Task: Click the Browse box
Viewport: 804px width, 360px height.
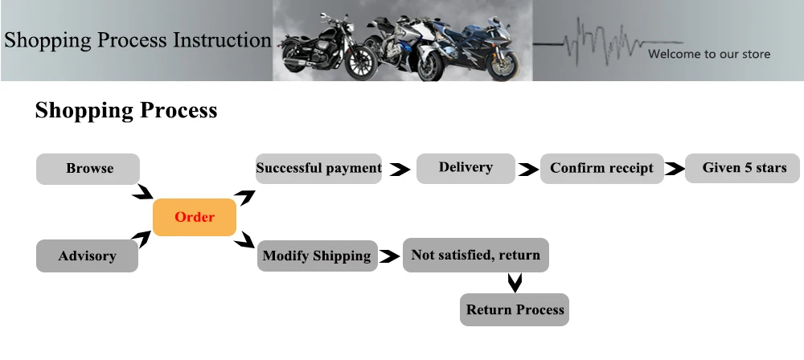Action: (88, 169)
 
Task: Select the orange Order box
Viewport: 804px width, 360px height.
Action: (195, 217)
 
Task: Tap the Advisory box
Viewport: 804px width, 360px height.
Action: (87, 256)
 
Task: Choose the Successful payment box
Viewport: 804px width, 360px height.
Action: (318, 168)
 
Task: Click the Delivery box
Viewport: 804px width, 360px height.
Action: (466, 168)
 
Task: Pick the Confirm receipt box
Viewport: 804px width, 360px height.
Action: (602, 168)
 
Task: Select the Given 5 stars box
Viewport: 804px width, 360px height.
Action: (742, 168)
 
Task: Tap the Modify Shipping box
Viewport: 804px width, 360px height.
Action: (318, 256)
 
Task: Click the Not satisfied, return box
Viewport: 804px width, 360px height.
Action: (476, 255)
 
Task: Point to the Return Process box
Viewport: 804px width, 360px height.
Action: (515, 309)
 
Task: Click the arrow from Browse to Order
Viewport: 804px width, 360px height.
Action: (144, 193)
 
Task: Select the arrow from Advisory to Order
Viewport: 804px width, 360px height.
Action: (142, 239)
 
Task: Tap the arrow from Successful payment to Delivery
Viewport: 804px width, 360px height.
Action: (400, 170)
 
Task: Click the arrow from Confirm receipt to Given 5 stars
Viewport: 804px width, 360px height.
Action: (675, 168)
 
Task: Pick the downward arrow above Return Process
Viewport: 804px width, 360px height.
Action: (515, 283)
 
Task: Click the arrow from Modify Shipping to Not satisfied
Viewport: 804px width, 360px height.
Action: (390, 256)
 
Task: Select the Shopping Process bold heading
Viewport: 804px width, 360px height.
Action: (126, 111)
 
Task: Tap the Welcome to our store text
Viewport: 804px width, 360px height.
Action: (709, 54)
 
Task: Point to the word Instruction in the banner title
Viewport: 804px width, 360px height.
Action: (222, 40)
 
